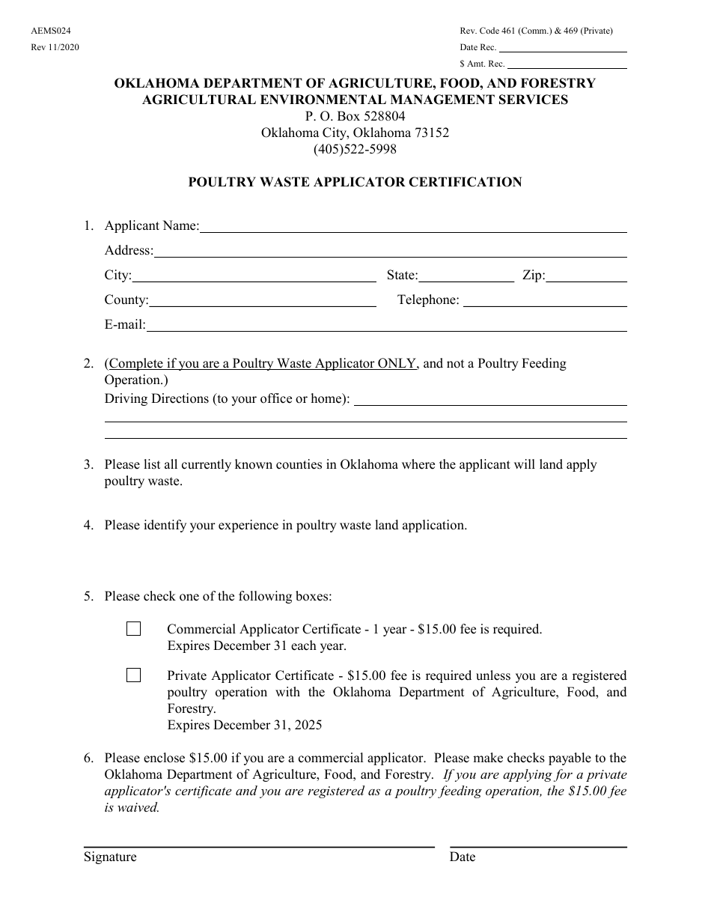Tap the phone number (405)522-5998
355,149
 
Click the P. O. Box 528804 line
355,116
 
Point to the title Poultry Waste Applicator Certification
355,182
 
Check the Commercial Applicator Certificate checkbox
133,629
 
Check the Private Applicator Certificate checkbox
133,675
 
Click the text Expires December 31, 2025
245,725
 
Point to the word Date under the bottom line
463,857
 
